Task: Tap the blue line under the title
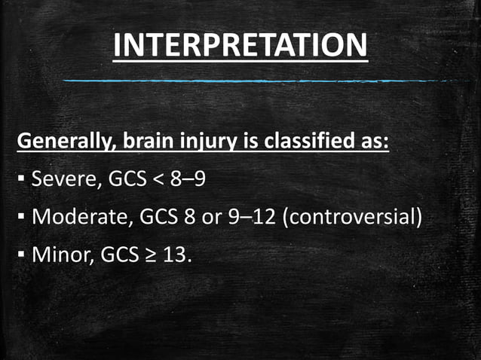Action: (256, 79)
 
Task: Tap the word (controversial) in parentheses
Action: (351, 218)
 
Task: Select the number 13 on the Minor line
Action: (175, 256)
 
